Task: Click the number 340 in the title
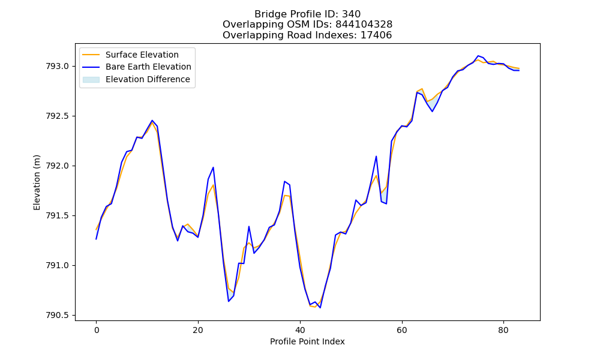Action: coord(351,14)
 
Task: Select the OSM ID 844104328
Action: coord(364,25)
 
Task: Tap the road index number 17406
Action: coord(376,35)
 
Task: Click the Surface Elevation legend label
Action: coord(142,55)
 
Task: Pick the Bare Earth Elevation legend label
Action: coord(148,67)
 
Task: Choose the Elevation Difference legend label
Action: coord(148,79)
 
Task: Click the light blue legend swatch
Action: coord(91,80)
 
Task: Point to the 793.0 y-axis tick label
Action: coord(58,67)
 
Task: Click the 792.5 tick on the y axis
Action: coord(58,116)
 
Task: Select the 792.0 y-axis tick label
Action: coord(58,166)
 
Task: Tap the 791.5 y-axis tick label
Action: coord(58,216)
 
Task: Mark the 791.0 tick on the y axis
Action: coord(58,266)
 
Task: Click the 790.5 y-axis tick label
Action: coord(58,315)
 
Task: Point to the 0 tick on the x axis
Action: coord(97,330)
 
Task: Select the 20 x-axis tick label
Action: coord(198,330)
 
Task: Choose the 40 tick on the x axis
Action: coord(300,330)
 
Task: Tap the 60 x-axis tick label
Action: coord(402,330)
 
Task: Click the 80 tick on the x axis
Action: coord(503,330)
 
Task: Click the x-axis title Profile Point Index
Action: coord(307,341)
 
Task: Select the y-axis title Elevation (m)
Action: coord(37,182)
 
